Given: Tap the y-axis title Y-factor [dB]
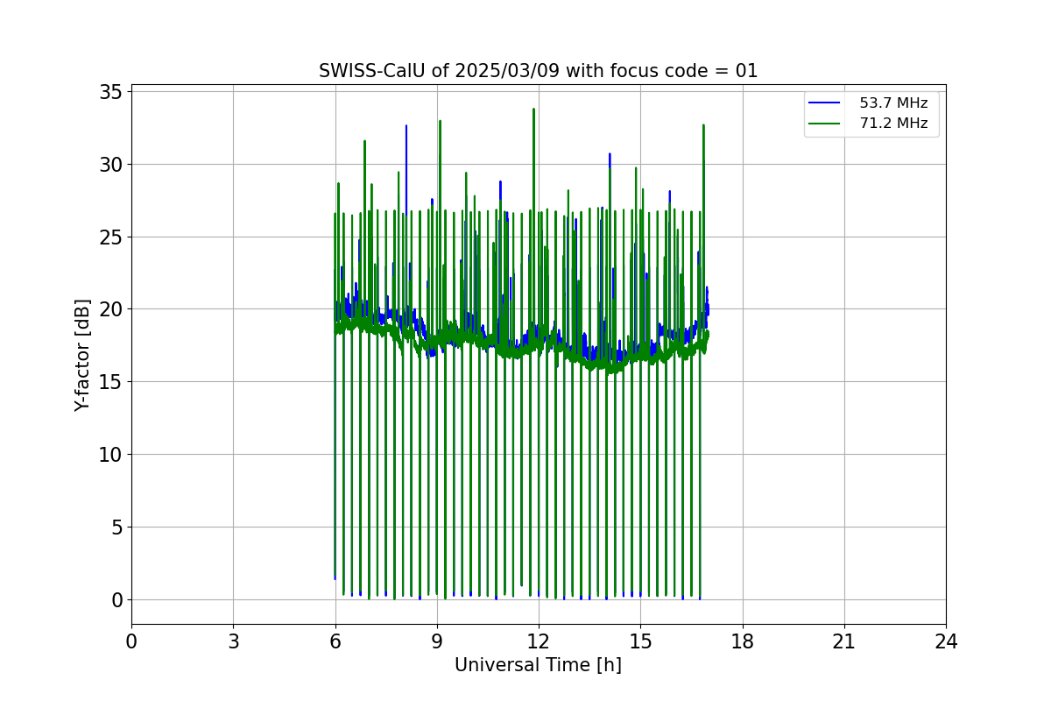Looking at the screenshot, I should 82,355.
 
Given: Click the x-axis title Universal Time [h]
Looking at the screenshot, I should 538,665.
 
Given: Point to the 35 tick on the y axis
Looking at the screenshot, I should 114,92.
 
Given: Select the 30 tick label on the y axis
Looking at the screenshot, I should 114,165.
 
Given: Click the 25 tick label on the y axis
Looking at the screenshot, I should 114,237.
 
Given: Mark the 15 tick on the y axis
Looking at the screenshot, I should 114,382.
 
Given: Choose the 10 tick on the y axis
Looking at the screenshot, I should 114,455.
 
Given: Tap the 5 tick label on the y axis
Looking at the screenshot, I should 119,528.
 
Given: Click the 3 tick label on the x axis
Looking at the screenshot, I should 233,641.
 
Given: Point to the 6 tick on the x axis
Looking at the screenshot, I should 335,641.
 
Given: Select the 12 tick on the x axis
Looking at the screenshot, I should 539,641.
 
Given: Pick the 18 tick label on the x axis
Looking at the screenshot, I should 742,641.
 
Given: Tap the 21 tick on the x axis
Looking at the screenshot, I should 843,641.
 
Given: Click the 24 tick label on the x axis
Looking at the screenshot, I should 946,641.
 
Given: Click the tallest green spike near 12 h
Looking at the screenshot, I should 533,110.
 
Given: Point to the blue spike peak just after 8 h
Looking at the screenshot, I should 406,126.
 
